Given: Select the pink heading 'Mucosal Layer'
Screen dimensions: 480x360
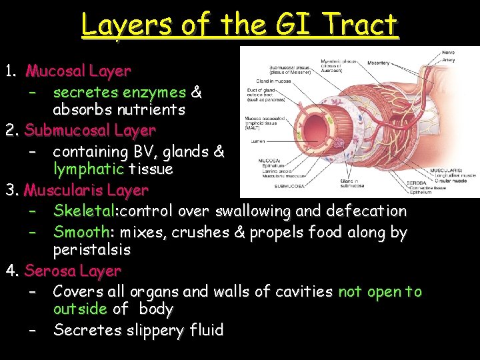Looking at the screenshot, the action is pyautogui.click(x=78, y=71).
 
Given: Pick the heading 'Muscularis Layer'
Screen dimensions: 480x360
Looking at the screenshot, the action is pyautogui.click(x=86, y=191).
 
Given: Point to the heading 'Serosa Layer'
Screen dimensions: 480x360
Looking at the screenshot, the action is pyautogui.click(x=73, y=271).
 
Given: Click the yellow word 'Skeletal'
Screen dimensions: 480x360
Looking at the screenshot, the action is pyautogui.click(x=84, y=211).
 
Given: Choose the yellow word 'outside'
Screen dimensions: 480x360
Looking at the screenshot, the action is pyautogui.click(x=80, y=309).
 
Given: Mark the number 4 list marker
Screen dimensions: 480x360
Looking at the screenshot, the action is pyautogui.click(x=11, y=271).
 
